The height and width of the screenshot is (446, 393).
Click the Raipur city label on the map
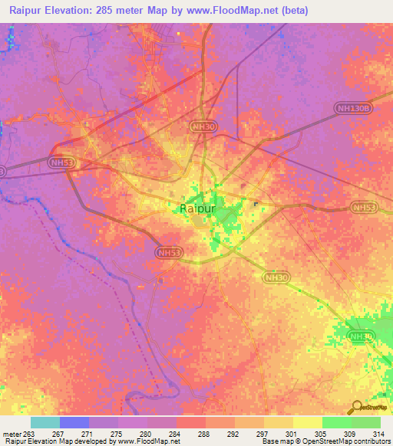196,208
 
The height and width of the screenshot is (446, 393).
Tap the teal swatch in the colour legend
45,422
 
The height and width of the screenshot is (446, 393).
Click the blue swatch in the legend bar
74,422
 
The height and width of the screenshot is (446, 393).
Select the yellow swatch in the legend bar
307,422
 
